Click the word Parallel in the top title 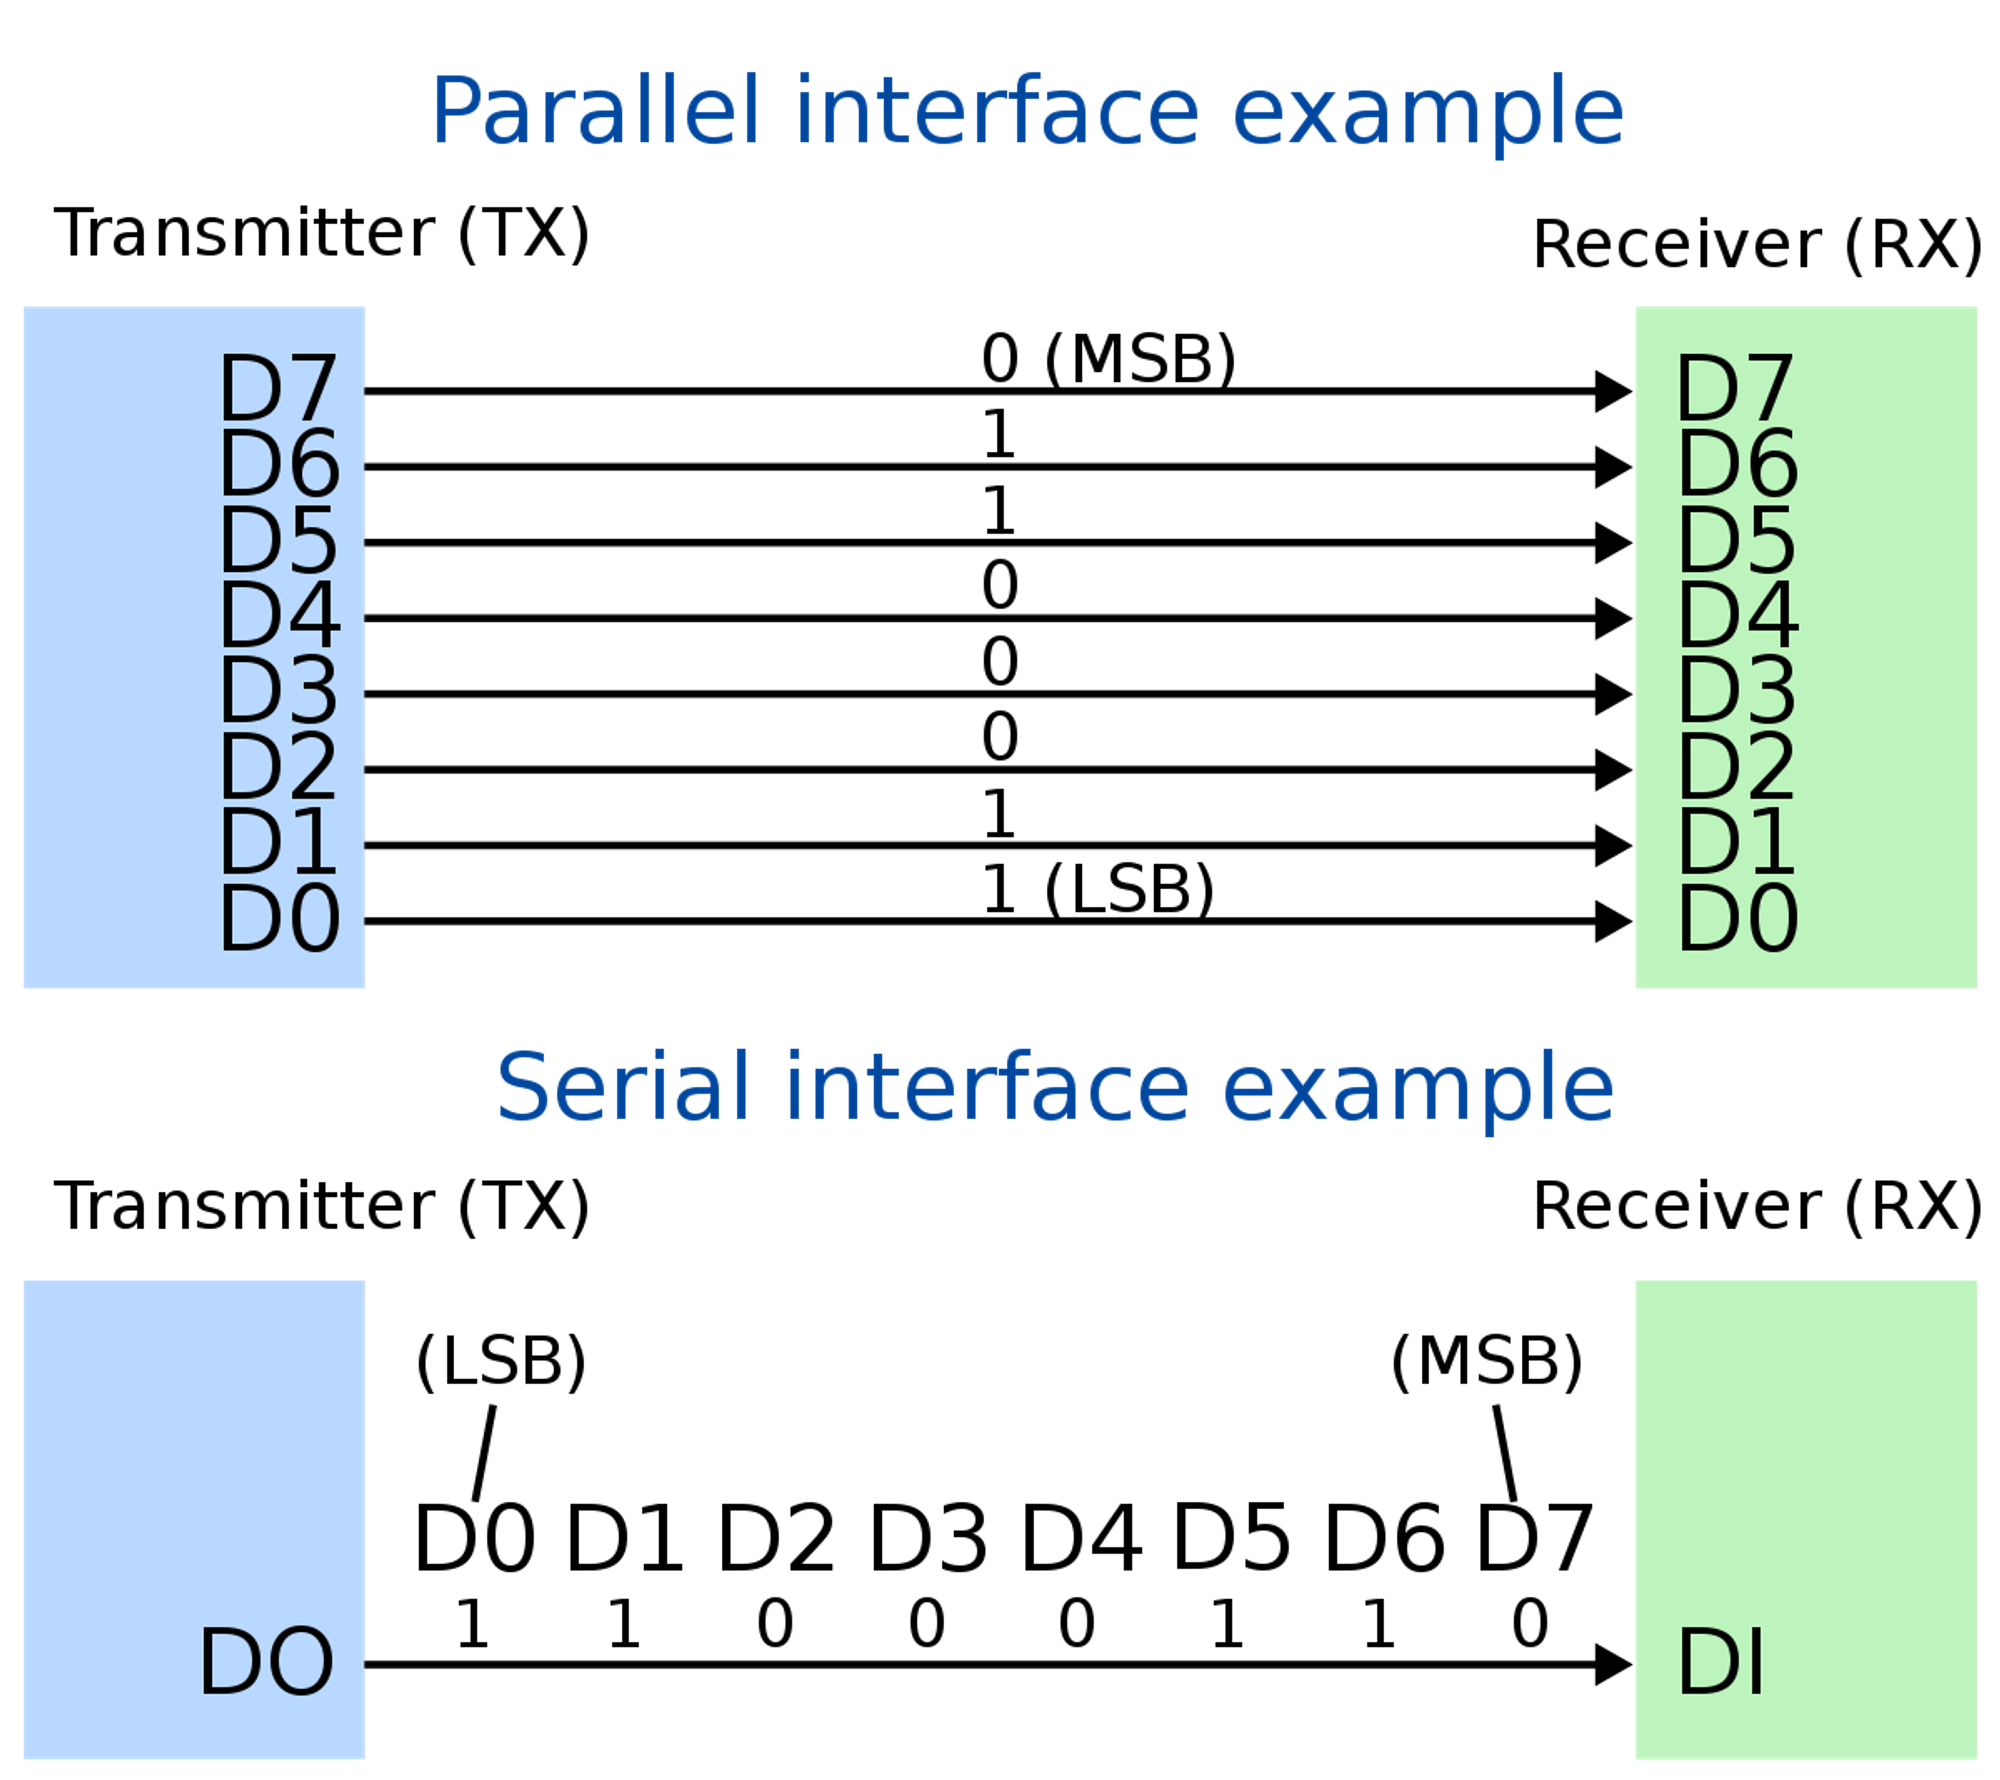pos(596,112)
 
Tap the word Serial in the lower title pos(622,1088)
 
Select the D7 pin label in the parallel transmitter pos(278,389)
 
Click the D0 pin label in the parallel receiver pos(1738,919)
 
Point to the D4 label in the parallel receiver pos(1738,616)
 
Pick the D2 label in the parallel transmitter pos(278,767)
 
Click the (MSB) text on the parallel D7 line pos(1140,358)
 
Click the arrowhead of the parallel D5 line pos(1613,543)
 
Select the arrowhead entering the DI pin pos(1613,1665)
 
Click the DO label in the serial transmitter pos(266,1662)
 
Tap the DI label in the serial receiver pos(1720,1662)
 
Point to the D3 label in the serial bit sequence pos(928,1538)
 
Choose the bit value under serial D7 pos(1530,1623)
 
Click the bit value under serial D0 pos(472,1623)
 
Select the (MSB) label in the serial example pos(1487,1361)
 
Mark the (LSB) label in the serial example pos(501,1361)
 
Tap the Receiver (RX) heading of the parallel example pos(1757,244)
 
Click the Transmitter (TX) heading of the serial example pos(322,1206)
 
